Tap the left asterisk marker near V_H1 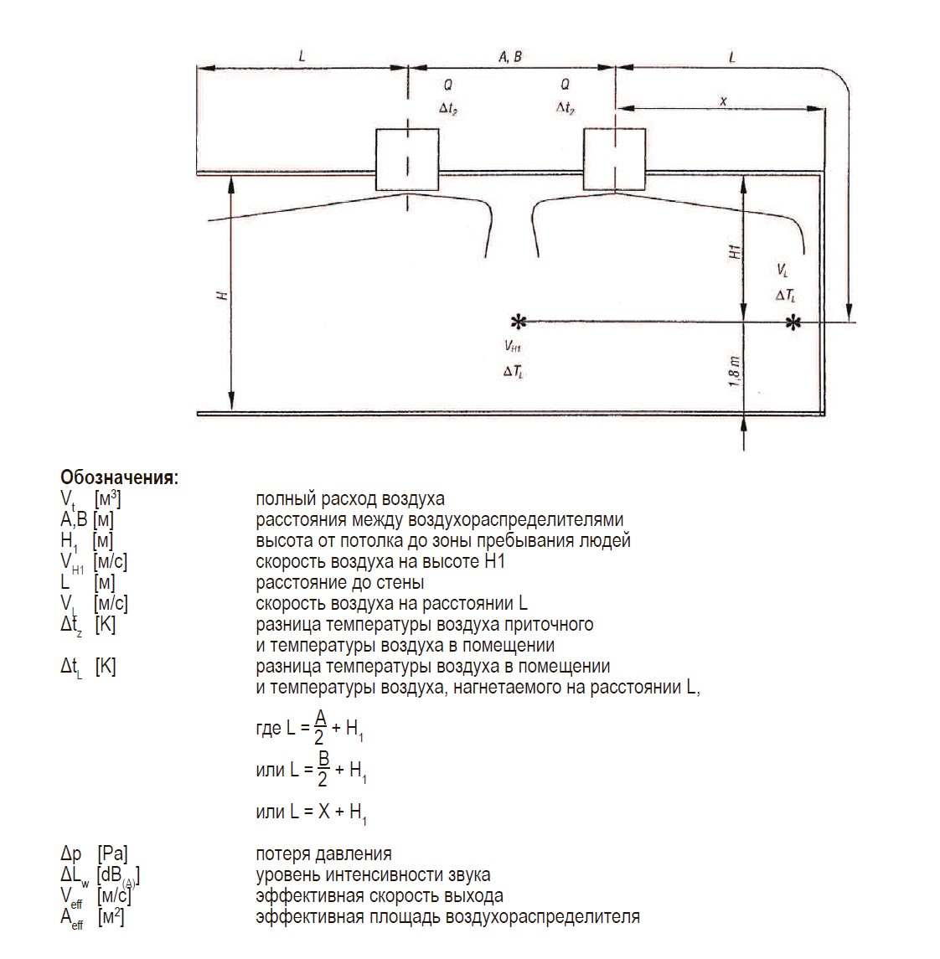518,322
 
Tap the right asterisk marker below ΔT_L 793,322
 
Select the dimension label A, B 510,57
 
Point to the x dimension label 724,101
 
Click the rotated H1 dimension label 735,251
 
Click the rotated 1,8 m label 735,371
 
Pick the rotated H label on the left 223,296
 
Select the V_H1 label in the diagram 513,346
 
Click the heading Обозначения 119,477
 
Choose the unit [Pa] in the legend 112,854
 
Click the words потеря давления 323,853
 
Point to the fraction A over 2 320,727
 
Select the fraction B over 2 323,769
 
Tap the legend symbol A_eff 71,918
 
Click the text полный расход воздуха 350,499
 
